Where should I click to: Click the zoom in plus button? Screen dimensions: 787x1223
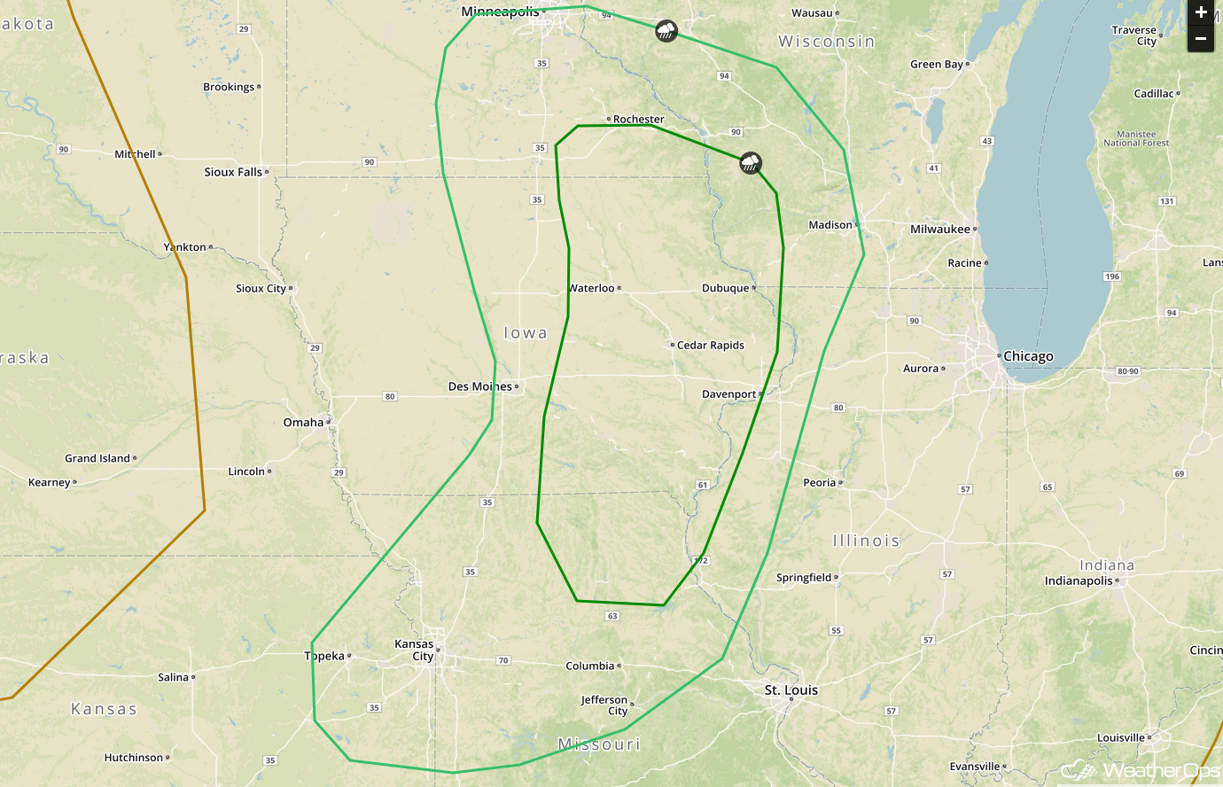[x=1201, y=12]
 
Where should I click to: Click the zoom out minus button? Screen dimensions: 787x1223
[x=1201, y=39]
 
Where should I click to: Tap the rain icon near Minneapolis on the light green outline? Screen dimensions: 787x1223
[x=666, y=32]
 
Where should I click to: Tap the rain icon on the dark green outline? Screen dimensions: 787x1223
[x=751, y=162]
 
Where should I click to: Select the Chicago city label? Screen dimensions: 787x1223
[x=1028, y=356]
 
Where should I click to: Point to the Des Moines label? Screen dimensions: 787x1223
[x=480, y=386]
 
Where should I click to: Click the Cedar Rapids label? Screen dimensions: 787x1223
[x=710, y=346]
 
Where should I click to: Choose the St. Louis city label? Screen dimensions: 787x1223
[x=791, y=690]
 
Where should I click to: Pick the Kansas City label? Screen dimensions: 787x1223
[x=415, y=651]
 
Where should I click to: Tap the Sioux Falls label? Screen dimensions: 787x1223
[x=233, y=172]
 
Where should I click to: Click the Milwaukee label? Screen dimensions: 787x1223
[x=940, y=230]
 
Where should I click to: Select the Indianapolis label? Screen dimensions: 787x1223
[x=1079, y=581]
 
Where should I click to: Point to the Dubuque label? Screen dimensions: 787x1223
[x=725, y=288]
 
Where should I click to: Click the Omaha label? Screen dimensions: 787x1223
[x=303, y=423]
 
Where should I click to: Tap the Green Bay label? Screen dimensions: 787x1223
[x=937, y=65]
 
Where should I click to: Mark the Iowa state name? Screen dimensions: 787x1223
[x=526, y=333]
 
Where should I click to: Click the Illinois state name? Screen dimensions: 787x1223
[x=866, y=541]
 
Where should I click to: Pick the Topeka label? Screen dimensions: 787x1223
[x=324, y=657]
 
